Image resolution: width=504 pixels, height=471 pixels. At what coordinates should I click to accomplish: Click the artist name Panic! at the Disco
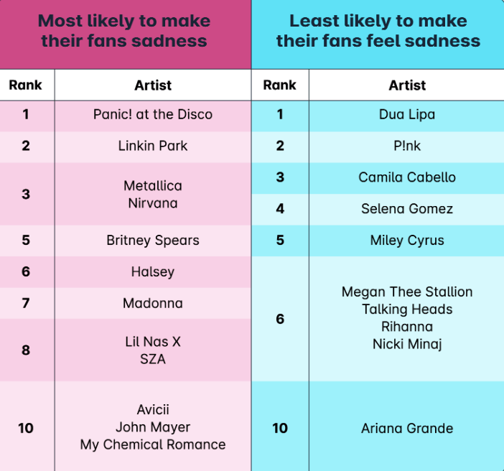click(x=153, y=114)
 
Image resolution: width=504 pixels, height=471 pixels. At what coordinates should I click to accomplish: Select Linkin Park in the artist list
click(x=153, y=146)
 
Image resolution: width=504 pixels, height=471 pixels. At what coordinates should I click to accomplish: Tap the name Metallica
click(x=153, y=186)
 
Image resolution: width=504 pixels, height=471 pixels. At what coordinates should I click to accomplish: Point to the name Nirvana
click(x=153, y=203)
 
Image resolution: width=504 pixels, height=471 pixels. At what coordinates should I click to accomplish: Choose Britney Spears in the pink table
click(x=153, y=241)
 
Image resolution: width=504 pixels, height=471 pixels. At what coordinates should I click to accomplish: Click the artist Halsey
click(x=153, y=272)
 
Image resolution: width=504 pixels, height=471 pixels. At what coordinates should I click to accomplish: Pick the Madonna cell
click(x=153, y=303)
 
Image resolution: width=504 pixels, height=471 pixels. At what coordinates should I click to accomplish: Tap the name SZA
click(x=153, y=359)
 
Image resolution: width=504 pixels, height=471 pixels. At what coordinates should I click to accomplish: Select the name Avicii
click(x=153, y=409)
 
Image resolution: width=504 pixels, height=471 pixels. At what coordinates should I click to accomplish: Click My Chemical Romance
click(x=153, y=444)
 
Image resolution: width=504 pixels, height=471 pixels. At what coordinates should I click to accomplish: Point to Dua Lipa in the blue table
click(x=407, y=115)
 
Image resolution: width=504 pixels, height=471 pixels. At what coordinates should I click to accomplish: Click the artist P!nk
click(x=407, y=146)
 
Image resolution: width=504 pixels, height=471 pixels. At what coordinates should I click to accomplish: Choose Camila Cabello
click(x=407, y=177)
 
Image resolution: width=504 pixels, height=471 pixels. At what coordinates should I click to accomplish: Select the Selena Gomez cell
click(x=407, y=209)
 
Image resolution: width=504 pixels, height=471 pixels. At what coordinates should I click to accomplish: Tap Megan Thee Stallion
click(x=407, y=292)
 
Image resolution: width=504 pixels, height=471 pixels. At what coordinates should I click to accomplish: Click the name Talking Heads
click(x=407, y=309)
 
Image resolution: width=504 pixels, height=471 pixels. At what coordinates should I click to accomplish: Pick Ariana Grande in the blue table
click(x=407, y=429)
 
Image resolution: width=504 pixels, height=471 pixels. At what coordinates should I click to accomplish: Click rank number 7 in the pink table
click(x=26, y=303)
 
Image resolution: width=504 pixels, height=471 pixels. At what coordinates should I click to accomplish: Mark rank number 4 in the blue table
click(x=280, y=209)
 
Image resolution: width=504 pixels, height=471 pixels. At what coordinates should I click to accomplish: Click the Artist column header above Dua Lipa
click(x=407, y=85)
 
